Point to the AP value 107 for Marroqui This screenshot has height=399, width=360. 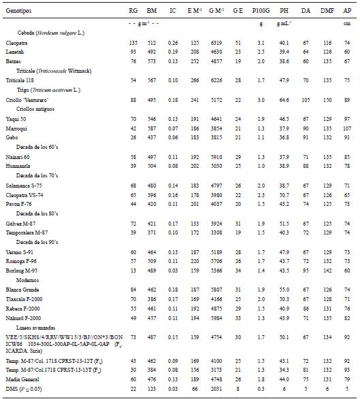point(347,128)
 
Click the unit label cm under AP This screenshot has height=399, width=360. point(347,22)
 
